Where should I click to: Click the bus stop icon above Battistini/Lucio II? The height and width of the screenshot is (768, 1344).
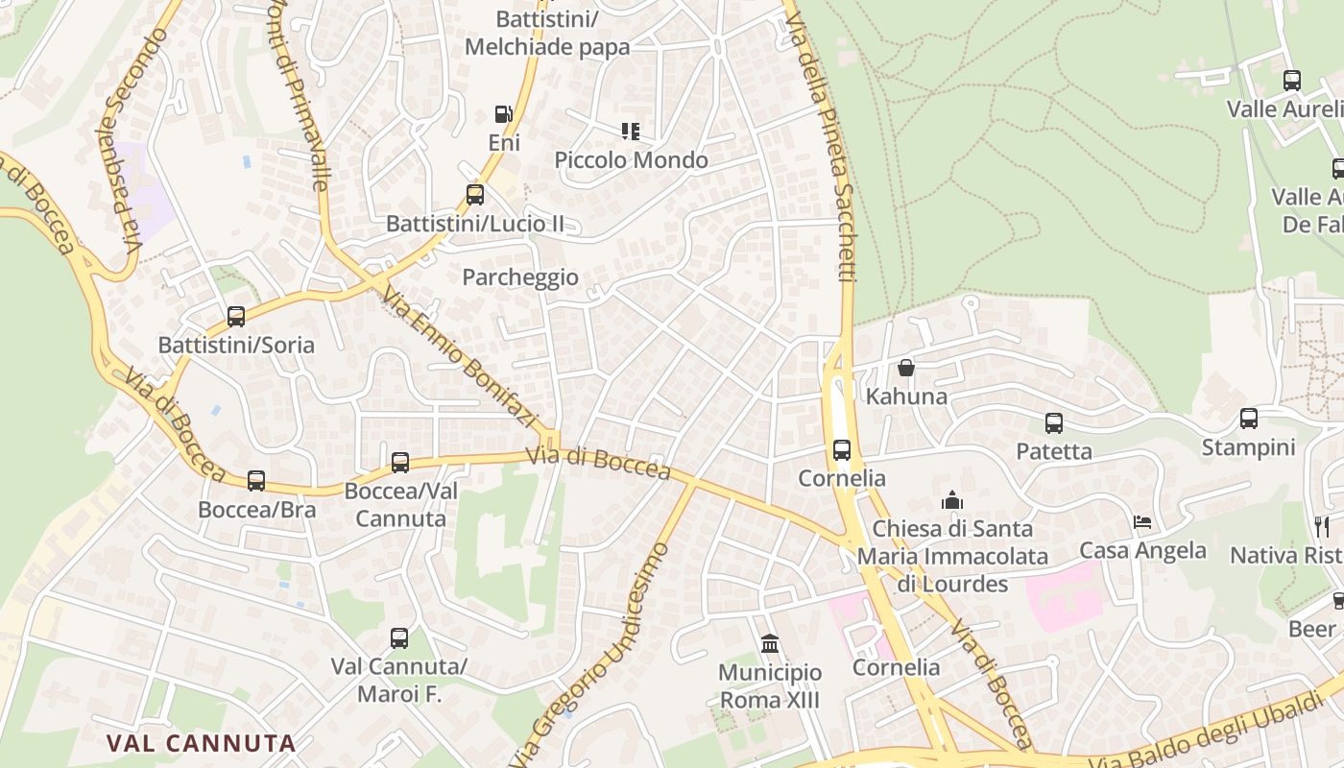click(x=474, y=195)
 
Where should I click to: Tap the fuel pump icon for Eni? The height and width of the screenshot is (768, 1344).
click(x=503, y=114)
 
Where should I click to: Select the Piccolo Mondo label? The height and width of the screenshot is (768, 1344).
click(x=631, y=160)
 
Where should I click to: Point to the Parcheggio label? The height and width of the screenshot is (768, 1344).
click(x=520, y=277)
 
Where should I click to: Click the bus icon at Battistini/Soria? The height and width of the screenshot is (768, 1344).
click(x=236, y=316)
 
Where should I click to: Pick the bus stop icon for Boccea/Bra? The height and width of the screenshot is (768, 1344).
click(x=256, y=480)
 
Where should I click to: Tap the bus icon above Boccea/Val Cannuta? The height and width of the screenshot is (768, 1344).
click(x=400, y=463)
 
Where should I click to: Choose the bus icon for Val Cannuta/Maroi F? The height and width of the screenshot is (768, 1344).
click(x=399, y=637)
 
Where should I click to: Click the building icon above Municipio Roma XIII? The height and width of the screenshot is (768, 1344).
click(x=769, y=643)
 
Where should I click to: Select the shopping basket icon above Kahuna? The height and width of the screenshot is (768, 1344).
click(x=906, y=368)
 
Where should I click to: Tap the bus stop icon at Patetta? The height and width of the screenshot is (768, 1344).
click(x=1053, y=422)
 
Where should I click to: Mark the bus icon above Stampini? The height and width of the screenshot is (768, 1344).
click(x=1248, y=419)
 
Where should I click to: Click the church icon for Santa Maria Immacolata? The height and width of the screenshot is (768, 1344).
click(x=952, y=500)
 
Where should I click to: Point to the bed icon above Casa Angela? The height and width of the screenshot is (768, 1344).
click(x=1142, y=522)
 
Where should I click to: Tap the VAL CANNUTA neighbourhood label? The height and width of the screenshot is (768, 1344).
click(x=201, y=743)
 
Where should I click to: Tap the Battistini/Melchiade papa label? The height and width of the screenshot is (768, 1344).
click(x=547, y=33)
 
